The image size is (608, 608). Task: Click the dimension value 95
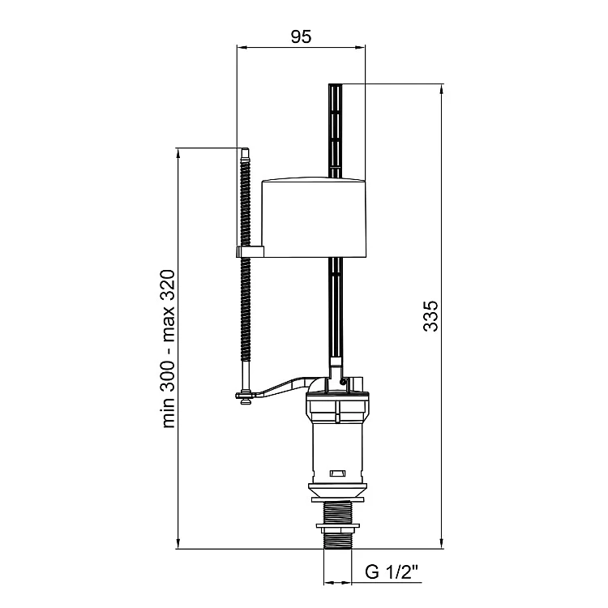[301, 36]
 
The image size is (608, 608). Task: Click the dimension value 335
[430, 315]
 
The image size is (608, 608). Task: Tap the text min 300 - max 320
[169, 349]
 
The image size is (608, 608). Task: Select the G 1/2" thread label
[392, 572]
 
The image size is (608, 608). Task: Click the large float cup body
[314, 217]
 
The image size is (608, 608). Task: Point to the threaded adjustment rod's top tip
[245, 148]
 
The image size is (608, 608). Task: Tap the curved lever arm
[280, 387]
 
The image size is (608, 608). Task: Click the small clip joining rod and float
[250, 251]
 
